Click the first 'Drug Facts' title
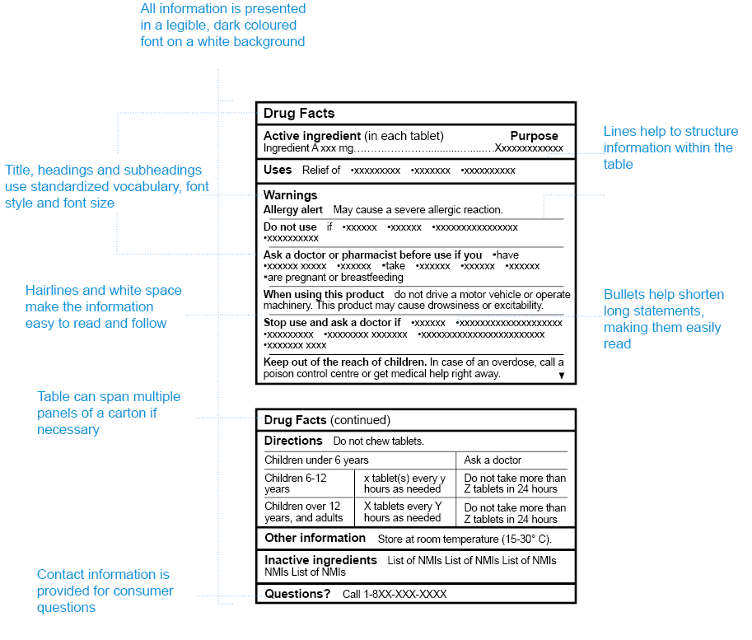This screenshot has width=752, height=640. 299,114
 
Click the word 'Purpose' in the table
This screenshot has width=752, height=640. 534,136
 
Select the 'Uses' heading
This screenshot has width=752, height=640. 278,170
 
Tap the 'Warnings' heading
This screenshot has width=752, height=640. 290,195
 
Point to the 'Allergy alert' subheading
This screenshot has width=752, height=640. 293,210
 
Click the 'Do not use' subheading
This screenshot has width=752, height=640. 290,227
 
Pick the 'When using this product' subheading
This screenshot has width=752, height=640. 324,294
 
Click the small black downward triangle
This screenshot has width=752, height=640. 562,376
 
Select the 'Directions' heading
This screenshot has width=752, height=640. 293,441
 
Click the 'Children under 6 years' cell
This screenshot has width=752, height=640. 316,460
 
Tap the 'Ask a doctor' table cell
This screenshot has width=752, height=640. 493,460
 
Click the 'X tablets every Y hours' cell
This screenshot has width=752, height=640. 403,512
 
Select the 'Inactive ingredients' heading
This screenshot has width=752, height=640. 320,560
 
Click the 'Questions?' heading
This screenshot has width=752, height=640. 297,594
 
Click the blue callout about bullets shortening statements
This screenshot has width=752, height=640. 663,319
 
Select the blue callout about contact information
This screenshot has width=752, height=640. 105,591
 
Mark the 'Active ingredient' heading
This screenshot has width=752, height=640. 312,136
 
